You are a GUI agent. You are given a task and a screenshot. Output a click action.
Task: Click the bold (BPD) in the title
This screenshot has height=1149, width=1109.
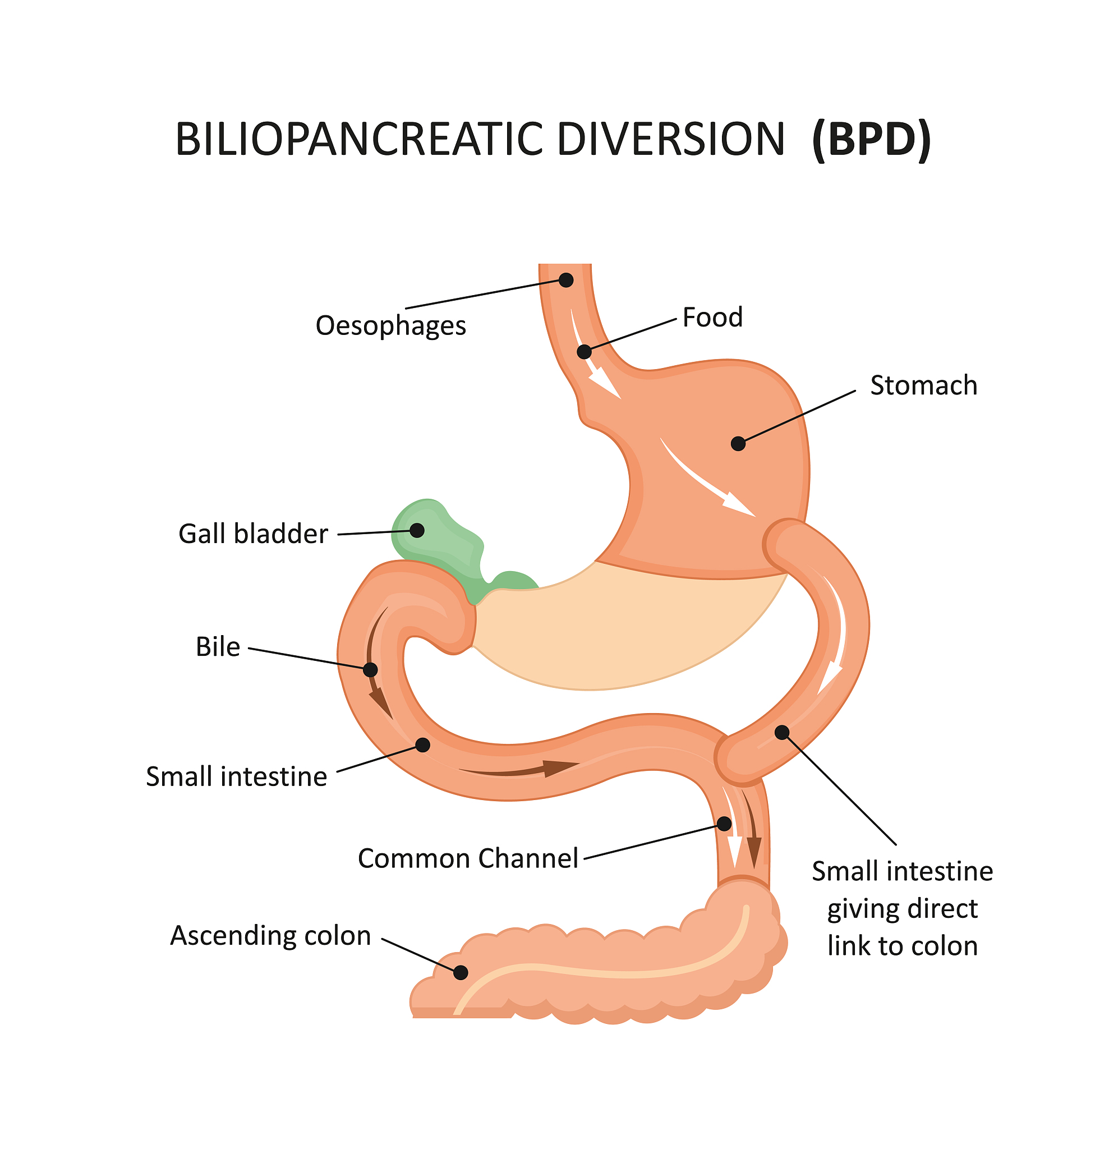[x=871, y=140]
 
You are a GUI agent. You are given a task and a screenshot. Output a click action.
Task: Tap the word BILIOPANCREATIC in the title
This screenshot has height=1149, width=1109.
[x=357, y=140]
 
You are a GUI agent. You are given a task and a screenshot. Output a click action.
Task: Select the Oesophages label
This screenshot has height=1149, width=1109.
[x=390, y=325]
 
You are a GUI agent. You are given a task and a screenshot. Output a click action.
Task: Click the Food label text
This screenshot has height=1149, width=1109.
[x=712, y=317]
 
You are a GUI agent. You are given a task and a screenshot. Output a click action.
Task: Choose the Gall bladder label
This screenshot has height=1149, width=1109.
[x=252, y=534]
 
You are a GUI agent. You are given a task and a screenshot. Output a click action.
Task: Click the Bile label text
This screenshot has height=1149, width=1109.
[x=218, y=647]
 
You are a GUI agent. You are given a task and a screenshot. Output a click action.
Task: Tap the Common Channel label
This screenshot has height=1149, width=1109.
[x=468, y=858]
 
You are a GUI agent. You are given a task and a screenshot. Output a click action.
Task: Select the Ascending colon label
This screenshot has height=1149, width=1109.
[x=270, y=935]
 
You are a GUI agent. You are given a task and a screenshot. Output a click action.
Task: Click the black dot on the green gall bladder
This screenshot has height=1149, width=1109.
[x=417, y=531]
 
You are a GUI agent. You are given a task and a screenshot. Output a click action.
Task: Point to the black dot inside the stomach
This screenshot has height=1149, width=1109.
[x=738, y=443]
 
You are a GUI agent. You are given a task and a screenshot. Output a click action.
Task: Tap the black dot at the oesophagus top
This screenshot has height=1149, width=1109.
[x=565, y=280]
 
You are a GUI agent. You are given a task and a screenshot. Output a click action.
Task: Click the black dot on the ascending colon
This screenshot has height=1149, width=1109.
[x=461, y=972]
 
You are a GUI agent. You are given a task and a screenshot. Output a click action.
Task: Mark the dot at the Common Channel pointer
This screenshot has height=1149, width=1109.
[x=725, y=824]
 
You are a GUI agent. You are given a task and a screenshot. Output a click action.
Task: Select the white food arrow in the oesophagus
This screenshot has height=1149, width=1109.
[x=592, y=357]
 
